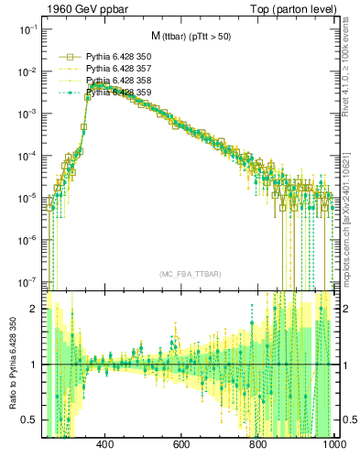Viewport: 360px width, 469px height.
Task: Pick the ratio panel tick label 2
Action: click(x=34, y=309)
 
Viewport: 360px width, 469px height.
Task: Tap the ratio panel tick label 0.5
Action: click(x=29, y=420)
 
